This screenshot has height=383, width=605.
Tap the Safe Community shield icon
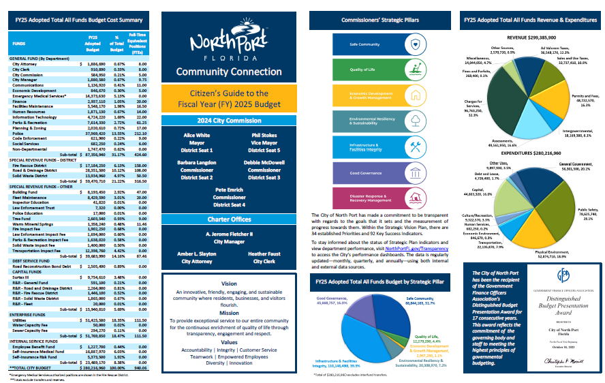[416, 44]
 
